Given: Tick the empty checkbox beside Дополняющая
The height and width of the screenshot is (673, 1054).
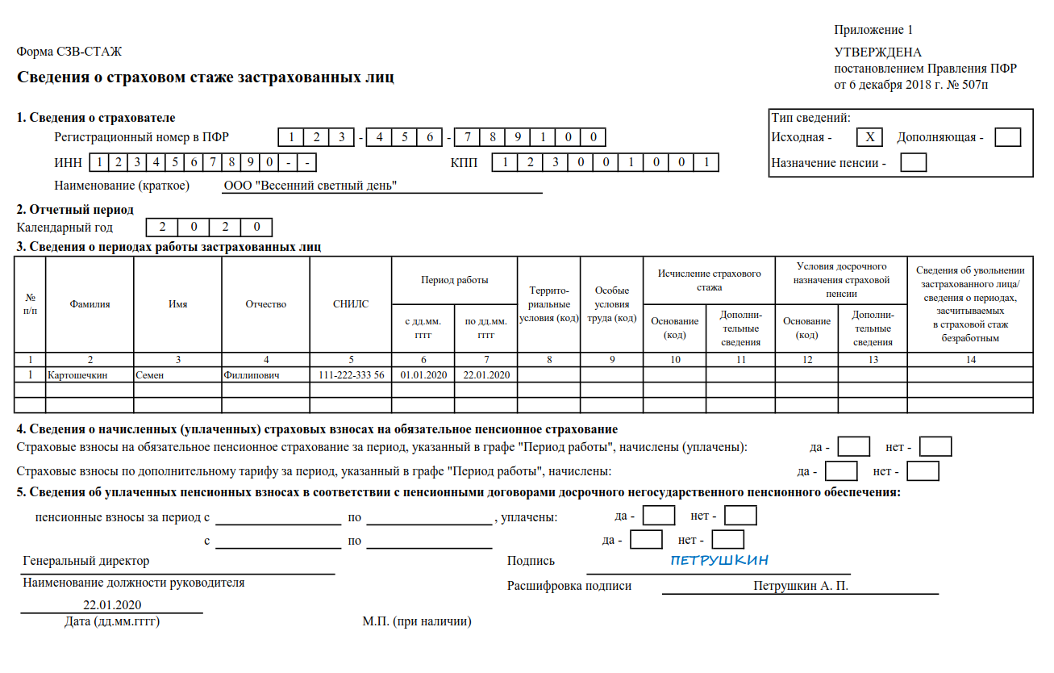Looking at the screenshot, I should pyautogui.click(x=1007, y=137).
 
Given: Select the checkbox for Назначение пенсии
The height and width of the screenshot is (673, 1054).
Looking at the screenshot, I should pyautogui.click(x=913, y=163).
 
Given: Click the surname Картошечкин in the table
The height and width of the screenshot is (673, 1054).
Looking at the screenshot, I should pyautogui.click(x=77, y=375).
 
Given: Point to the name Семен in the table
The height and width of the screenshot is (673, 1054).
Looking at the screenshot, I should pyautogui.click(x=149, y=375).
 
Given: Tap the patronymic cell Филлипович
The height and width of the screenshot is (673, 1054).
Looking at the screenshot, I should pyautogui.click(x=252, y=375).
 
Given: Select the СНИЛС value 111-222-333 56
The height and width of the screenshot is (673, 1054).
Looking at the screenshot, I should pyautogui.click(x=351, y=375).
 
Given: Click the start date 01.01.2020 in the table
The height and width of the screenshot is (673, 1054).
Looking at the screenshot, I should pyautogui.click(x=423, y=375).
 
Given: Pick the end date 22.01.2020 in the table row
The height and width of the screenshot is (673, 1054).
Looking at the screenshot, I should pyautogui.click(x=486, y=375).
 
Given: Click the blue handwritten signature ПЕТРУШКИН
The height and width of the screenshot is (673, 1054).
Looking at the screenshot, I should pyautogui.click(x=719, y=560).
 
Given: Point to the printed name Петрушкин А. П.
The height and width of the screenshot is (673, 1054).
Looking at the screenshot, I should pyautogui.click(x=800, y=587).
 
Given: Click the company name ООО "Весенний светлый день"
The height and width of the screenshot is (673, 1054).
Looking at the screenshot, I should pyautogui.click(x=310, y=186).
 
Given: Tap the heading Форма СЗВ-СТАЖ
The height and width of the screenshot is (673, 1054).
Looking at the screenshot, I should pyautogui.click(x=69, y=52).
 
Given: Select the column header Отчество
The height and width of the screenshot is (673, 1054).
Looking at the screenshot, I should pyautogui.click(x=266, y=304).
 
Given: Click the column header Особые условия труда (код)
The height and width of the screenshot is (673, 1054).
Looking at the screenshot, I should pyautogui.click(x=612, y=304).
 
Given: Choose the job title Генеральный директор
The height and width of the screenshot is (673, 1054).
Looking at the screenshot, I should pyautogui.click(x=86, y=561).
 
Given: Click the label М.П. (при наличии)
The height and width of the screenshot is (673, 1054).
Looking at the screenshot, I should pyautogui.click(x=417, y=621).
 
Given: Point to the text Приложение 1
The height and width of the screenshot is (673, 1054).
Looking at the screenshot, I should pyautogui.click(x=873, y=30).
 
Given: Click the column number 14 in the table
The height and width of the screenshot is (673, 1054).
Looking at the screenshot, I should pyautogui.click(x=970, y=359).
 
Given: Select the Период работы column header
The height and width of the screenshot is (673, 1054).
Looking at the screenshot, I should pyautogui.click(x=454, y=280).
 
